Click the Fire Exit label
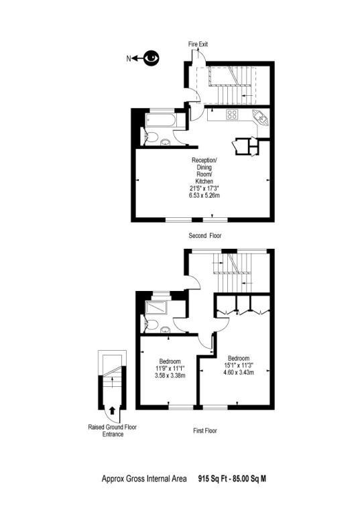point(198,44)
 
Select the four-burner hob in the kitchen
point(233,114)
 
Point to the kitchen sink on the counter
point(260,119)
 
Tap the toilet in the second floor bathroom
point(154,139)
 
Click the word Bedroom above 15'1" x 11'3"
point(239,357)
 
